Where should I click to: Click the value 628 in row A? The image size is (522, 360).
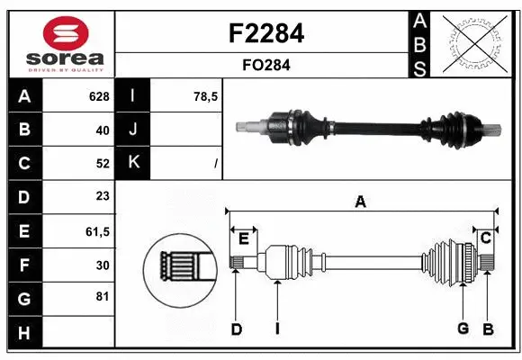(98, 96)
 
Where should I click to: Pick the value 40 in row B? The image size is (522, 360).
(102, 130)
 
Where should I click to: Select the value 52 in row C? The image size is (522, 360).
(102, 163)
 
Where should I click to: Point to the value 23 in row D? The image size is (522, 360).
(102, 196)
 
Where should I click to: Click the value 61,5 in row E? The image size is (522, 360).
(96, 230)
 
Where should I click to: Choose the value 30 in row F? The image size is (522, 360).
(102, 265)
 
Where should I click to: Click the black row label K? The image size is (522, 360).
(132, 163)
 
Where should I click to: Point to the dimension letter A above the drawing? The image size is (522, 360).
(360, 202)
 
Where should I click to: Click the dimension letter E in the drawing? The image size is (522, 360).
(243, 238)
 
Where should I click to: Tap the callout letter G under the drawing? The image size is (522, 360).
(463, 328)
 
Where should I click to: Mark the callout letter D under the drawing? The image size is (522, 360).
(236, 329)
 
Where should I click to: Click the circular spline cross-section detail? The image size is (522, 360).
(177, 265)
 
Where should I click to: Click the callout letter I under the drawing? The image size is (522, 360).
(277, 329)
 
